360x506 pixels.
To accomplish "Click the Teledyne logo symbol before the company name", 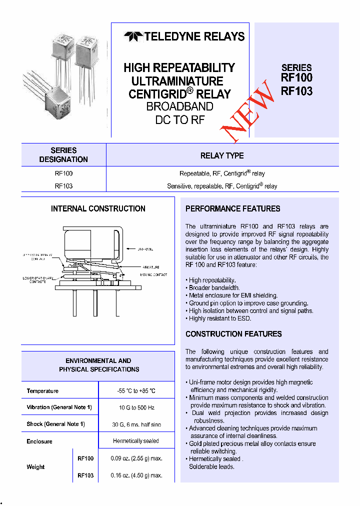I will [x=133, y=36].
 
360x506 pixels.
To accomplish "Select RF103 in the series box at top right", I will [x=296, y=91].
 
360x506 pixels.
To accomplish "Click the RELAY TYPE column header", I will [x=222, y=155].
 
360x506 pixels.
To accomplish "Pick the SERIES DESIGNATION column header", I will [x=63, y=155].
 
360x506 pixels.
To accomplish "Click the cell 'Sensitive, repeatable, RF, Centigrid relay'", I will [x=222, y=186].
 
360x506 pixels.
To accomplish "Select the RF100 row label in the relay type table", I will [x=63, y=173].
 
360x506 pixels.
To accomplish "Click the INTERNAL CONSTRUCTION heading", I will [x=98, y=208].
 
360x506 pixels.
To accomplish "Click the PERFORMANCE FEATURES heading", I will [x=232, y=208].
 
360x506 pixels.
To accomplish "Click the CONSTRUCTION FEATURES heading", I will [x=233, y=334].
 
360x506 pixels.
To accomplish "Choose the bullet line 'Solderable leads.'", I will [x=211, y=466].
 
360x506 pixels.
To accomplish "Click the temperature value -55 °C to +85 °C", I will [x=136, y=391].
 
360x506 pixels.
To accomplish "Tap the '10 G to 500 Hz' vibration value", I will [x=136, y=407].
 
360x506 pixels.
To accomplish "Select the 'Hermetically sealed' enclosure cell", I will [x=136, y=441].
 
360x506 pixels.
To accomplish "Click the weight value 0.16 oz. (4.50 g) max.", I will [x=136, y=475].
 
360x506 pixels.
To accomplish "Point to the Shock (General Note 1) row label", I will [x=55, y=424].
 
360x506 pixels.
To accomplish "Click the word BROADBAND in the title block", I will [x=179, y=106].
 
